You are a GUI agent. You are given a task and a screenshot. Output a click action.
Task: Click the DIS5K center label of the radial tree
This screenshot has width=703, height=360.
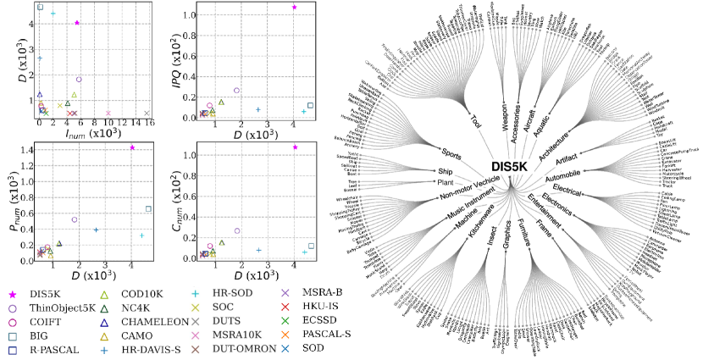point(509,168)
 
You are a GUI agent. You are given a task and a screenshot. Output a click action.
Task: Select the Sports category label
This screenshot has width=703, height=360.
point(451,158)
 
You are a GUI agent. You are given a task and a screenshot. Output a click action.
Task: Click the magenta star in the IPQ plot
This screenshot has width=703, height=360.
point(294,8)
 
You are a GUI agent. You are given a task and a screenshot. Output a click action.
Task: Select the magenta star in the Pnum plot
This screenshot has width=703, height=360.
point(132,147)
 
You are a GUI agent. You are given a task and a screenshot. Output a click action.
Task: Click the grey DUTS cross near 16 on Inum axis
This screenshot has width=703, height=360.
point(147,113)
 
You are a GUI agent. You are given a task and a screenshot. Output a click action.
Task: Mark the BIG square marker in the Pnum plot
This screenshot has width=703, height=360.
point(149,208)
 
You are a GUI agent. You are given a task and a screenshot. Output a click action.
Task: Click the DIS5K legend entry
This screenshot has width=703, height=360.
point(47,293)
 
